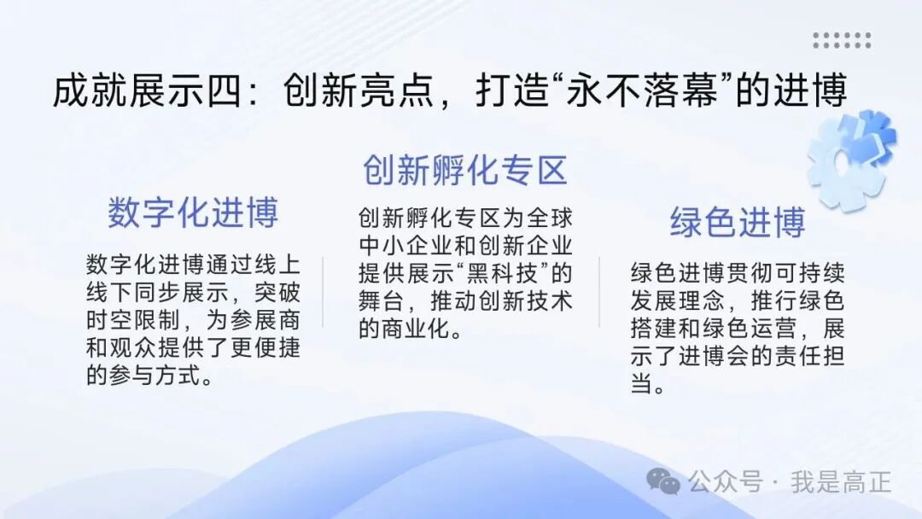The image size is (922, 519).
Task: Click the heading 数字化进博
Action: click(x=193, y=213)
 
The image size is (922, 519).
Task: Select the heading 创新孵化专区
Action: click(x=464, y=170)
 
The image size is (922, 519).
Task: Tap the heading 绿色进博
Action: click(x=738, y=223)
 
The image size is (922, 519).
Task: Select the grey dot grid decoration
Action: click(x=842, y=40)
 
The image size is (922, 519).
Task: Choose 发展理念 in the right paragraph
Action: click(x=674, y=301)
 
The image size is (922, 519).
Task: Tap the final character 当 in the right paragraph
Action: click(x=642, y=384)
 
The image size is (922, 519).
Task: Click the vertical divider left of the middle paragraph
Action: click(x=323, y=290)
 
